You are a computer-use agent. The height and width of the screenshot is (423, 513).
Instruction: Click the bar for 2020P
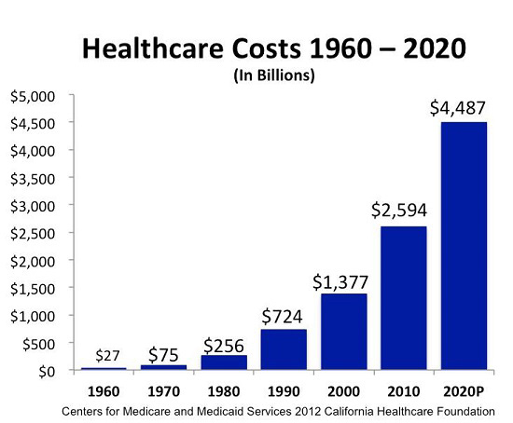point(464,246)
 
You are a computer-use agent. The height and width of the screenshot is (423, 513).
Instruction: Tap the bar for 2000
point(344,332)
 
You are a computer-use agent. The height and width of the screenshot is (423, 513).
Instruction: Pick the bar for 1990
point(284,349)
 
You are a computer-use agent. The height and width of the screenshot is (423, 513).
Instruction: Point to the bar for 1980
point(224,362)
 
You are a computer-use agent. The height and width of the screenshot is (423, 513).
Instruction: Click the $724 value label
point(284,315)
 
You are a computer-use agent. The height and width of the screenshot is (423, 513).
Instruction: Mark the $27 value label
point(104,355)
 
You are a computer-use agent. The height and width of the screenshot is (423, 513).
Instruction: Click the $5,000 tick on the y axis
point(34,95)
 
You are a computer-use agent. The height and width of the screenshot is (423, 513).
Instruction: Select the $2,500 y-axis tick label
point(34,233)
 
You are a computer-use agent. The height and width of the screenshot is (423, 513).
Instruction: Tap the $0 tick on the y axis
point(45,371)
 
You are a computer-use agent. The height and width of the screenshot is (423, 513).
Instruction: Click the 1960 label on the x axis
point(104,392)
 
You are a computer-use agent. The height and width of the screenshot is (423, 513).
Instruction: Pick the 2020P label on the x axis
point(464,392)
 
